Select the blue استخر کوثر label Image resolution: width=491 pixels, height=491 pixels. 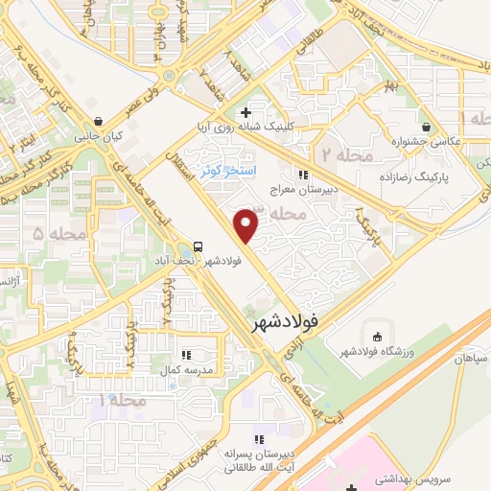pyautogui.click(x=226, y=171)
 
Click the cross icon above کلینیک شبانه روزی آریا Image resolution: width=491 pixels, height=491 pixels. pyautogui.click(x=246, y=112)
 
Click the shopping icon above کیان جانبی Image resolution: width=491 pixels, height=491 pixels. pyautogui.click(x=99, y=122)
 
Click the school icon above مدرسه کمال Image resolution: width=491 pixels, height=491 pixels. pyautogui.click(x=188, y=353)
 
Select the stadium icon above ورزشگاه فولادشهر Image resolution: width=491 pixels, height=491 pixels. pyautogui.click(x=376, y=337)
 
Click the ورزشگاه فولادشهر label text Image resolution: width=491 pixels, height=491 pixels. pyautogui.click(x=377, y=353)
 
